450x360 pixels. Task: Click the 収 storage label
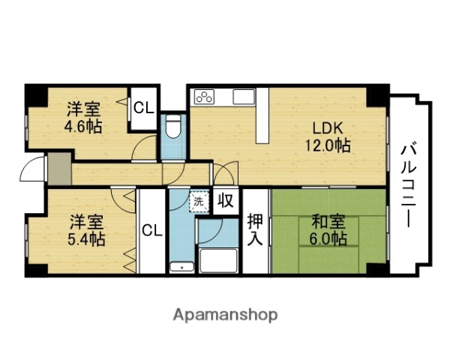pyautogui.click(x=224, y=201)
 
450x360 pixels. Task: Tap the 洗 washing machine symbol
pyautogui.click(x=198, y=201)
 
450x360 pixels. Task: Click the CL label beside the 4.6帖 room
pyautogui.click(x=143, y=106)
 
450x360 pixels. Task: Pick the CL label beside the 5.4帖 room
pyautogui.click(x=151, y=231)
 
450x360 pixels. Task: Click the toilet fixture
pyautogui.click(x=172, y=129)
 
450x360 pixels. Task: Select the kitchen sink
pyautogui.click(x=244, y=96)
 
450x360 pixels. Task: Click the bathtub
pyautogui.click(x=218, y=260)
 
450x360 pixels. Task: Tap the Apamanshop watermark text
pyautogui.click(x=226, y=314)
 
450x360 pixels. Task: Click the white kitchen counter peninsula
pyautogui.click(x=260, y=122)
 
